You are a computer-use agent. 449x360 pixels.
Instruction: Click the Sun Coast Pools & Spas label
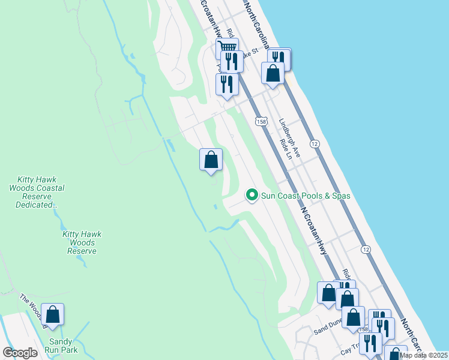point(305,196)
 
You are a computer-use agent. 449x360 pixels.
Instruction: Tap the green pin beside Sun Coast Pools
point(252,195)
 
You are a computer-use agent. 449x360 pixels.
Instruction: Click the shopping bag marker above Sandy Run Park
point(53,315)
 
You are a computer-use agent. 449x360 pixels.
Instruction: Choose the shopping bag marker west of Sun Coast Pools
point(211,160)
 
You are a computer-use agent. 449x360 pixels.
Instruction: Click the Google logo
point(20,353)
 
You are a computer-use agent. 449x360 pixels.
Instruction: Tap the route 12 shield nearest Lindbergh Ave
point(314,143)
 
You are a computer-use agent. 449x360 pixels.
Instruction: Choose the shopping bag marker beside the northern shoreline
point(273,73)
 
